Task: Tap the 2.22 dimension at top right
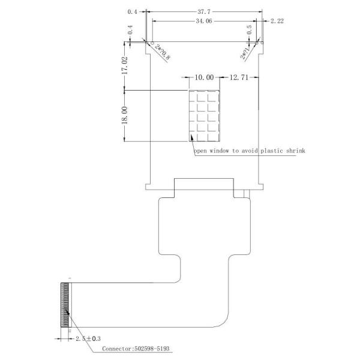[277, 21]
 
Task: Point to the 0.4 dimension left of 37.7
[133, 11]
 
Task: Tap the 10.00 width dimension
[204, 77]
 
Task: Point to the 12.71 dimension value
[239, 77]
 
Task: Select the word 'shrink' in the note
[294, 151]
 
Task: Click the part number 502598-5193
[155, 349]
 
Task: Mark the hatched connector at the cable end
[65, 305]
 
